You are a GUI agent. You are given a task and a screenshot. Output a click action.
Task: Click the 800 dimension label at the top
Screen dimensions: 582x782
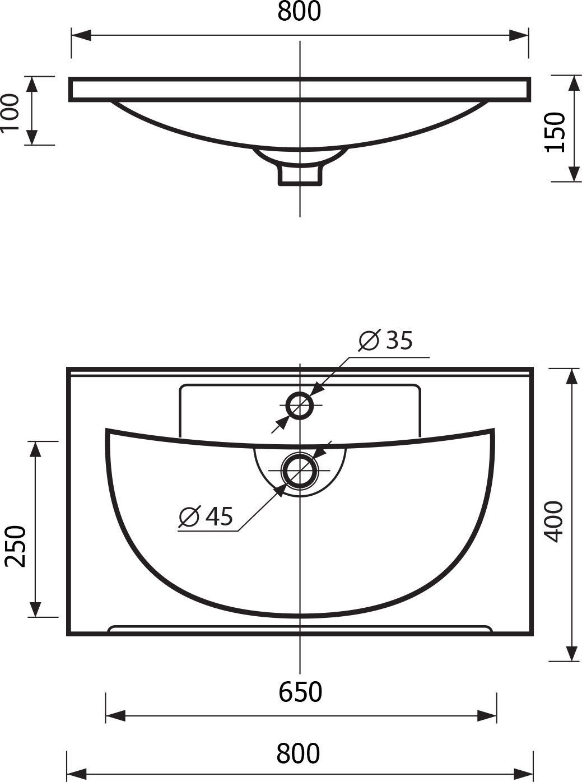coord(299,11)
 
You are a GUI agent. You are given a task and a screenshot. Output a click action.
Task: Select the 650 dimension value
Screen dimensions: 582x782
coord(300,691)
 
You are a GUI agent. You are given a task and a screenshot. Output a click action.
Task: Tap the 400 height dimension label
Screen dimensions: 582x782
coord(554,522)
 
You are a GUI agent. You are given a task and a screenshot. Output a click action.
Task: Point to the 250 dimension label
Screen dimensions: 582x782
coord(16,546)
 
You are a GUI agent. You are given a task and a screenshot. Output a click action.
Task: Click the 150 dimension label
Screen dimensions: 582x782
coord(555,132)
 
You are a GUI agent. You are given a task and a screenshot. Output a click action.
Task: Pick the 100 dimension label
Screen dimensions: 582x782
coord(9,113)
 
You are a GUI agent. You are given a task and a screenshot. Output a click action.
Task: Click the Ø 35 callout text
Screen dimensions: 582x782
coord(385,340)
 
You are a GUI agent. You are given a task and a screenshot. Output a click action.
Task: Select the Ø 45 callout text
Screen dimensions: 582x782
coord(206,516)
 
